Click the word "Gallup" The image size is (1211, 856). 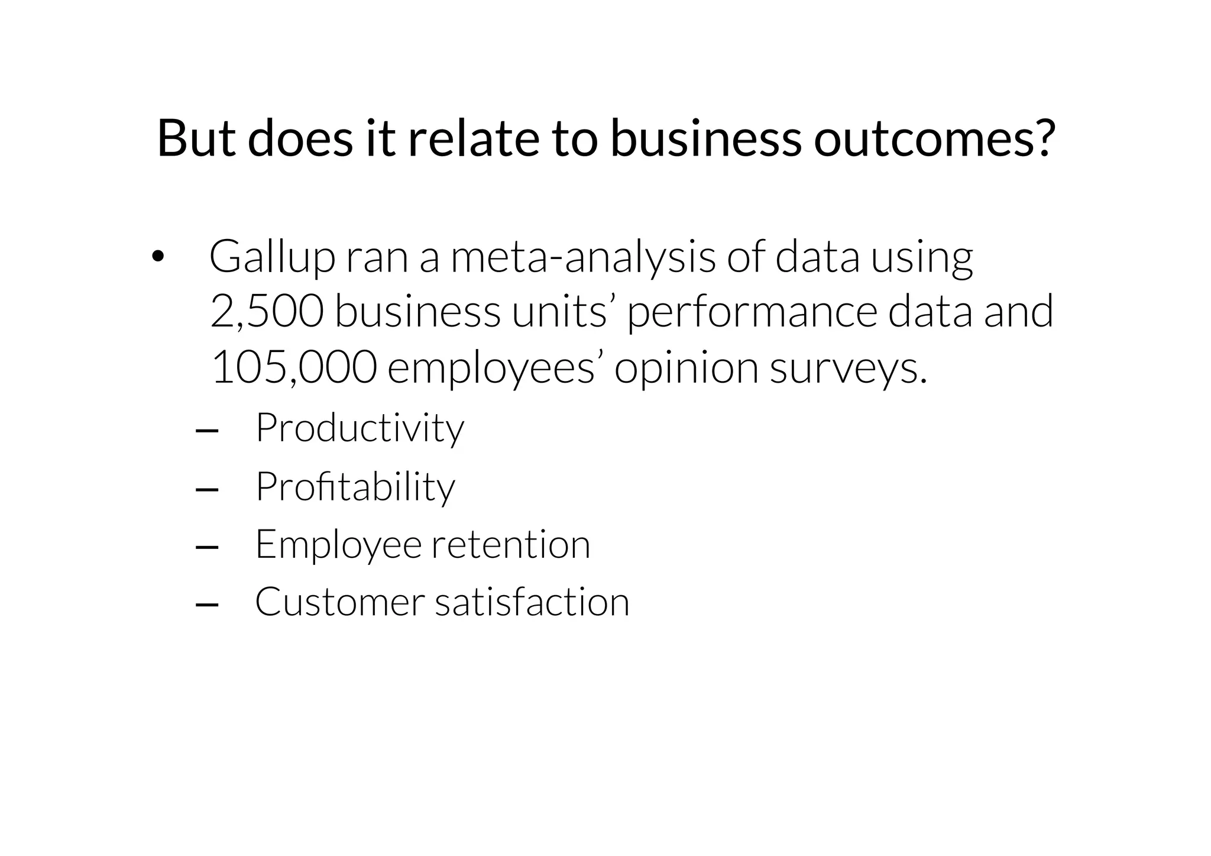pyautogui.click(x=272, y=258)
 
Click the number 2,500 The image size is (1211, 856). pyautogui.click(x=267, y=312)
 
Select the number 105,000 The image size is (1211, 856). pyautogui.click(x=294, y=367)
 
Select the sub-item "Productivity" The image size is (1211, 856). pyautogui.click(x=360, y=428)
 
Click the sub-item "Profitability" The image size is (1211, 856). pyautogui.click(x=355, y=487)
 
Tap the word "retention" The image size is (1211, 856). pyautogui.click(x=511, y=544)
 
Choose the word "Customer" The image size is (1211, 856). pyautogui.click(x=340, y=602)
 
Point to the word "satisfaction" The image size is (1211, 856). pyautogui.click(x=532, y=602)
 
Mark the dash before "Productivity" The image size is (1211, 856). pyautogui.click(x=206, y=431)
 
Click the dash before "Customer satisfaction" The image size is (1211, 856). pyautogui.click(x=206, y=605)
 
